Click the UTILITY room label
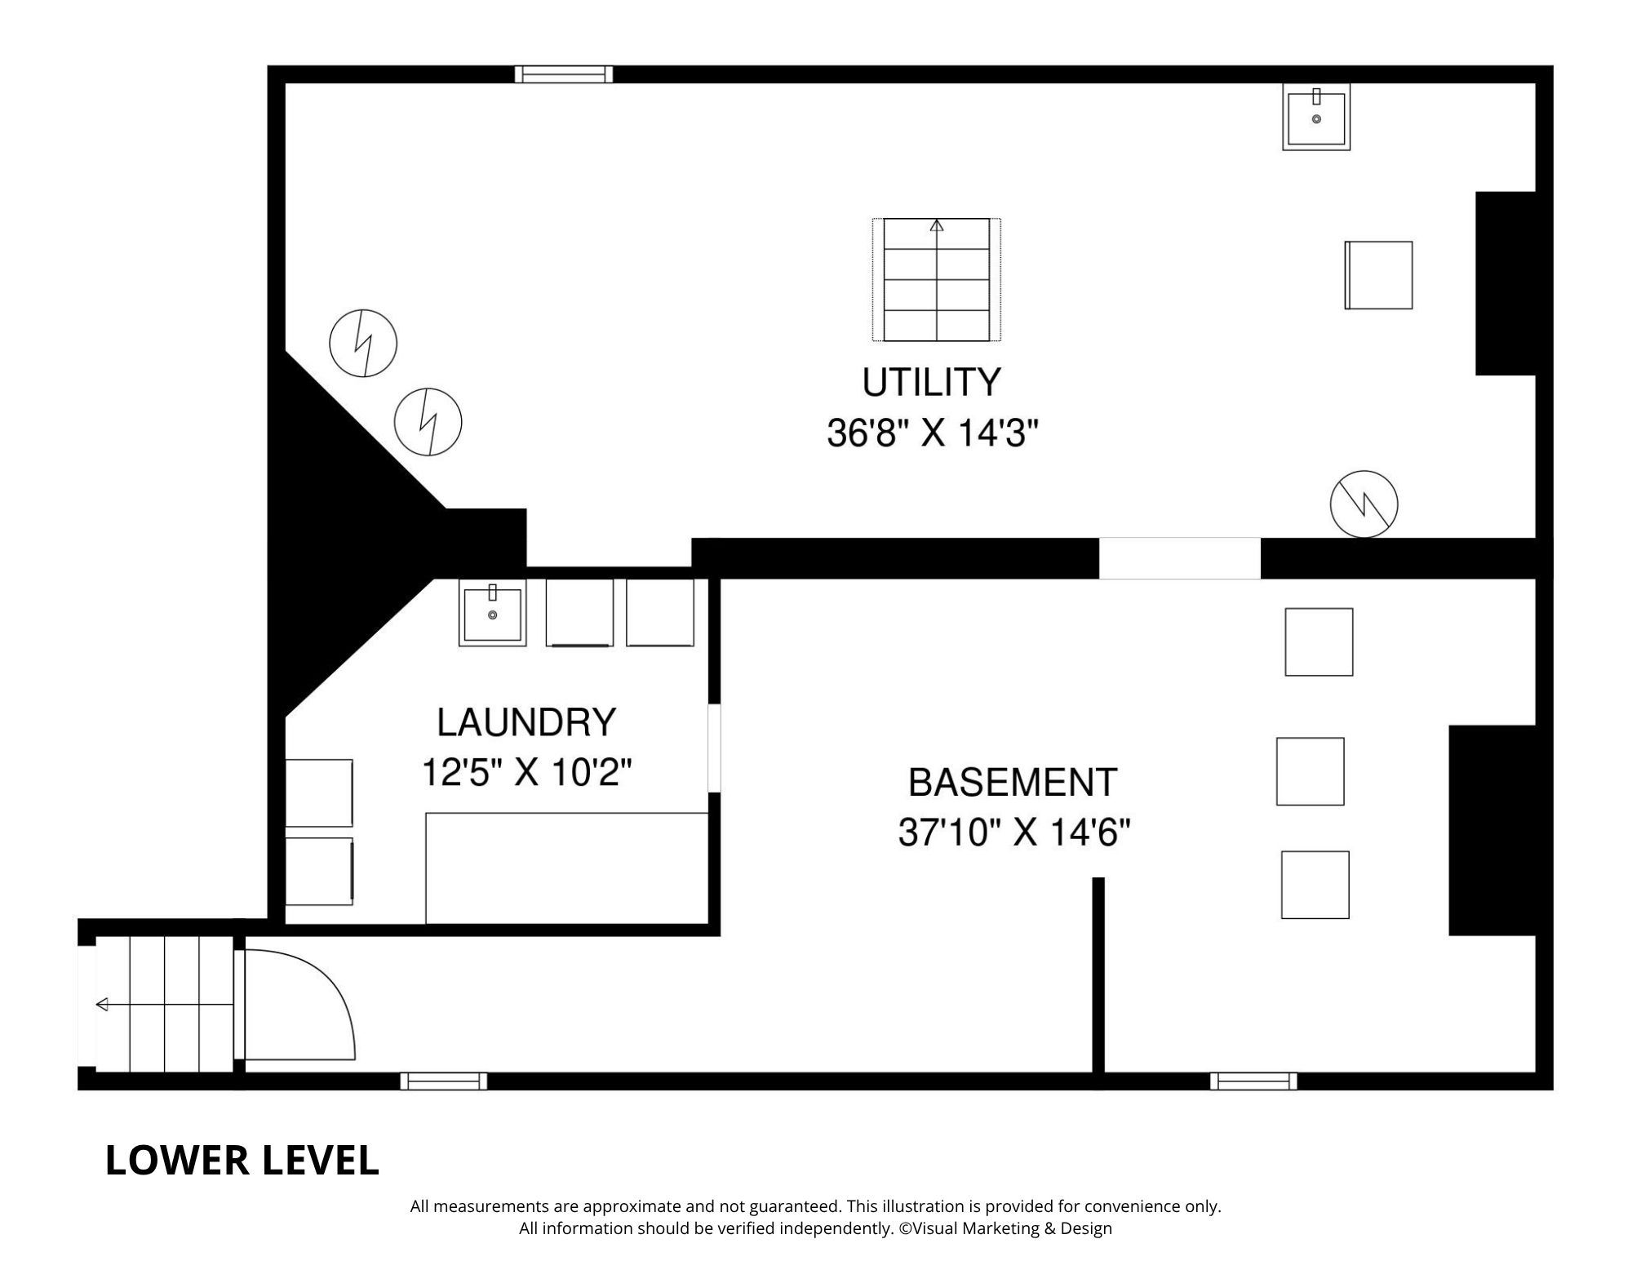(x=931, y=383)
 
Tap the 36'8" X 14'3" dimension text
(x=932, y=433)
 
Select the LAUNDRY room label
(x=526, y=722)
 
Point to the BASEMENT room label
(x=1012, y=783)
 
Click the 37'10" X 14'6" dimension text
(x=1013, y=833)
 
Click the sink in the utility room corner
(x=1315, y=117)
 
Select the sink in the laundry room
(x=492, y=613)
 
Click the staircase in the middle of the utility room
(x=936, y=279)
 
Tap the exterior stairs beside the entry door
(x=164, y=1004)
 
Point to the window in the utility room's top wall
(x=564, y=74)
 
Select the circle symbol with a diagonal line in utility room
(x=1364, y=504)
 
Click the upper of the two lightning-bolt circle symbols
(x=363, y=343)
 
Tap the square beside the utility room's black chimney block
(x=1378, y=275)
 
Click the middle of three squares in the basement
(x=1310, y=771)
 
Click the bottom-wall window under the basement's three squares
(x=1253, y=1081)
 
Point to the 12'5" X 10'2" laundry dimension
(x=526, y=772)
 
